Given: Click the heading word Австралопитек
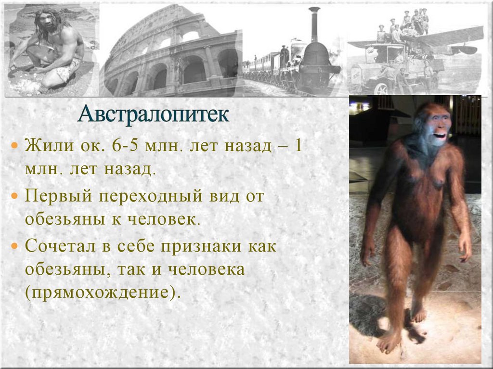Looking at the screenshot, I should pos(154,114).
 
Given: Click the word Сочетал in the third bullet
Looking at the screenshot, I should pos(63,247).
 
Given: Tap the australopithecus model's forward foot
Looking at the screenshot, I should pos(389,342).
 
